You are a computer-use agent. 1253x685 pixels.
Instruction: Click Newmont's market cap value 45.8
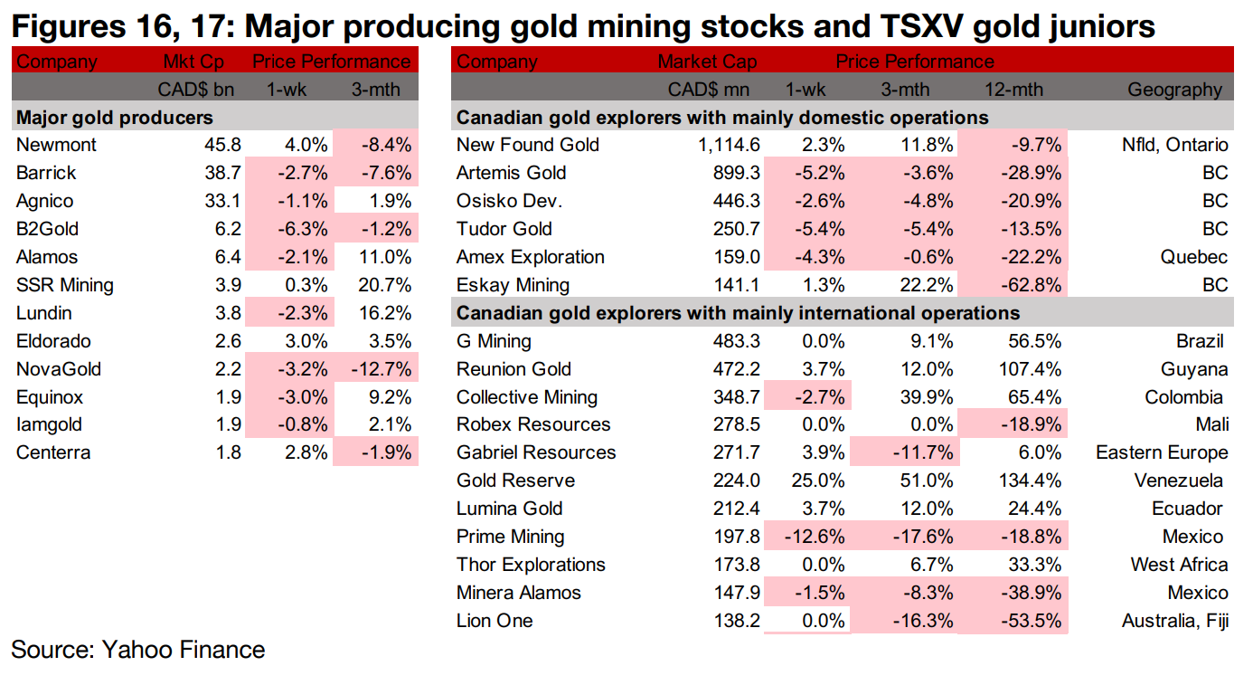(x=222, y=145)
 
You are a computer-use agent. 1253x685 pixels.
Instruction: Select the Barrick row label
(x=46, y=173)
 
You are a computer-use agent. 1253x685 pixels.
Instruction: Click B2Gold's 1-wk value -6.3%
(x=295, y=229)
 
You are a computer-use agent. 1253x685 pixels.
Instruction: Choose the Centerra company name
(x=53, y=453)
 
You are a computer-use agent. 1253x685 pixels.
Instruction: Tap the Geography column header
(x=1174, y=90)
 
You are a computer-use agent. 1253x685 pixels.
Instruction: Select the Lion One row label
(x=495, y=621)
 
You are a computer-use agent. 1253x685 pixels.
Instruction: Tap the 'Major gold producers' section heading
(x=115, y=118)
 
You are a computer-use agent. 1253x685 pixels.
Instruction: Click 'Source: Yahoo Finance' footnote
(x=138, y=650)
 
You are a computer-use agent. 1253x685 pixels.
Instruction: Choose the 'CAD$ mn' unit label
(x=712, y=90)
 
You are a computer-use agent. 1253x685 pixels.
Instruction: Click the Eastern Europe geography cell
(x=1162, y=452)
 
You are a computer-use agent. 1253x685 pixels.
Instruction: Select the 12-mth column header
(x=1013, y=90)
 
